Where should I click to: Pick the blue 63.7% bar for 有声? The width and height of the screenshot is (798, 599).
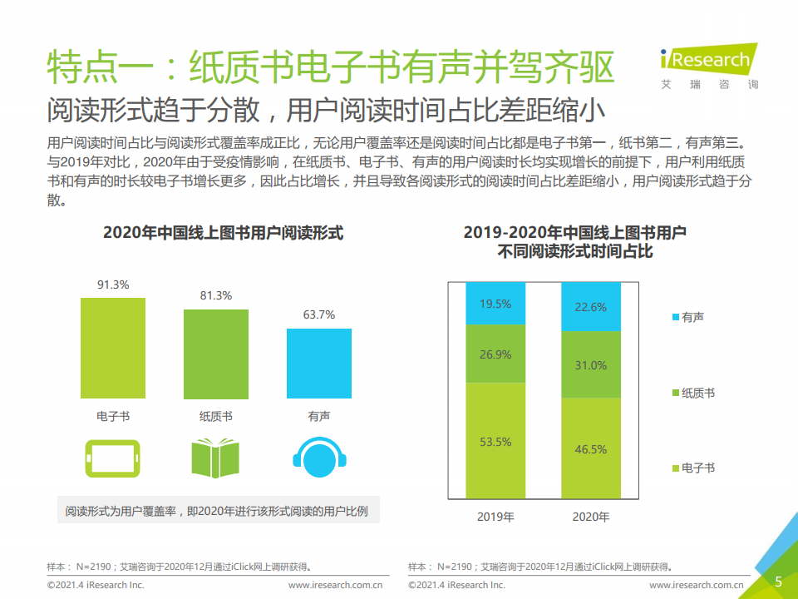coord(318,363)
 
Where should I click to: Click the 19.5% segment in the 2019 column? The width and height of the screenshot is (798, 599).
coord(495,304)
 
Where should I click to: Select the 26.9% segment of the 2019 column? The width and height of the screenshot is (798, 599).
coord(495,354)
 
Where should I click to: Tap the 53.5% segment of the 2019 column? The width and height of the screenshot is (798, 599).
coord(495,441)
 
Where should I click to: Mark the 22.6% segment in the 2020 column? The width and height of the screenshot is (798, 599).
coord(591,307)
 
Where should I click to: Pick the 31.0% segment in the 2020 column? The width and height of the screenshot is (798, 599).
coord(591,364)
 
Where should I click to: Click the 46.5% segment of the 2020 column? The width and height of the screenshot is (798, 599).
coord(591,448)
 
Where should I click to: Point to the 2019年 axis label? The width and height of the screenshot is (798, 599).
coord(495,517)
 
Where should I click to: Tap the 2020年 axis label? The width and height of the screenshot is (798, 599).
coord(591,517)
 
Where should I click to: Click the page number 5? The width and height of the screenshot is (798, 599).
coord(778,582)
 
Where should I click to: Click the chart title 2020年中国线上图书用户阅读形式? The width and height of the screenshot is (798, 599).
coord(223,234)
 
